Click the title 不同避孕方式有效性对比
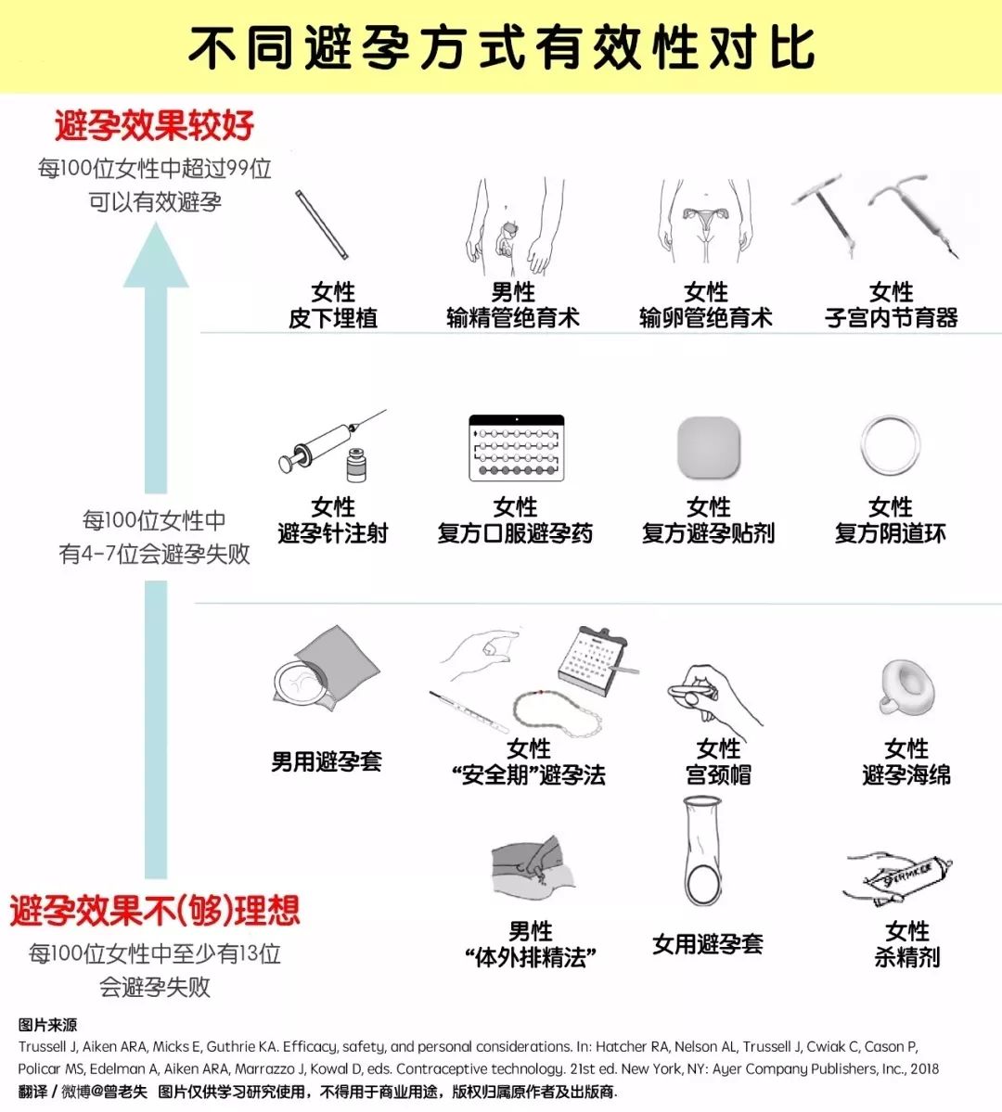[x=501, y=48]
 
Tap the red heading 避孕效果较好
[x=154, y=125]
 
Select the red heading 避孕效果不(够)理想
[x=155, y=911]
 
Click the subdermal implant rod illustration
[x=322, y=224]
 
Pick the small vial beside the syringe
[x=356, y=466]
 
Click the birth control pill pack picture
[x=517, y=448]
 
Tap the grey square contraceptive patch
[x=708, y=448]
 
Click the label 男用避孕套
[x=327, y=761]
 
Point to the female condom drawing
[x=703, y=850]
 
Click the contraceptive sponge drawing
[x=907, y=687]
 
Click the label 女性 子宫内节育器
[x=892, y=304]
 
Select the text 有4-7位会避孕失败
[x=154, y=554]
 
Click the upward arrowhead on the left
[x=156, y=255]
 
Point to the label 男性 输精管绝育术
[x=513, y=304]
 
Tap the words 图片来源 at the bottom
[x=47, y=1025]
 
